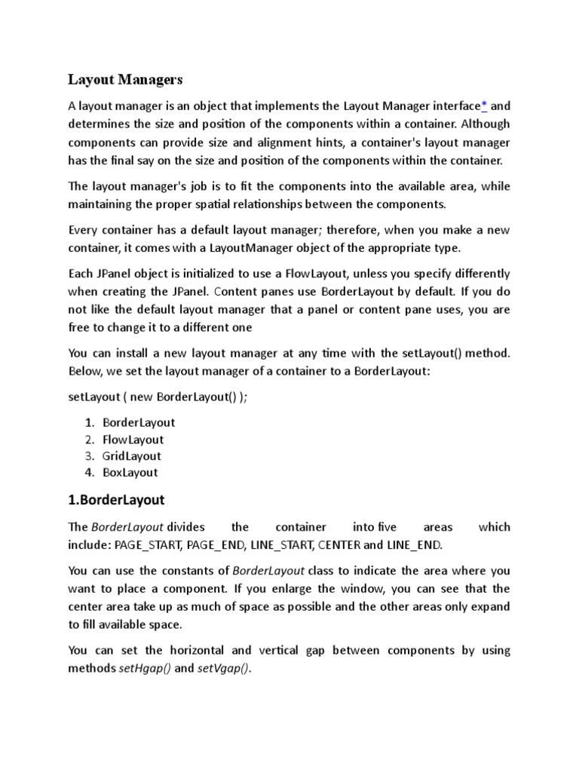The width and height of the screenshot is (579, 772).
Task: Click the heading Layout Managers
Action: coord(126,79)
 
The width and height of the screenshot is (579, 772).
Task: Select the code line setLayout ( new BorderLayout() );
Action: coord(158,397)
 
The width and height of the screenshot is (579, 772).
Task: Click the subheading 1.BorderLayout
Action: coord(116,500)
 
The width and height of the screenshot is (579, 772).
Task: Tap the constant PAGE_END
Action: coord(220,544)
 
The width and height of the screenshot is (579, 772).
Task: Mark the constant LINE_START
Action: coord(283,544)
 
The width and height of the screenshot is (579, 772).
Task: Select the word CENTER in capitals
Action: coord(340,544)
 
